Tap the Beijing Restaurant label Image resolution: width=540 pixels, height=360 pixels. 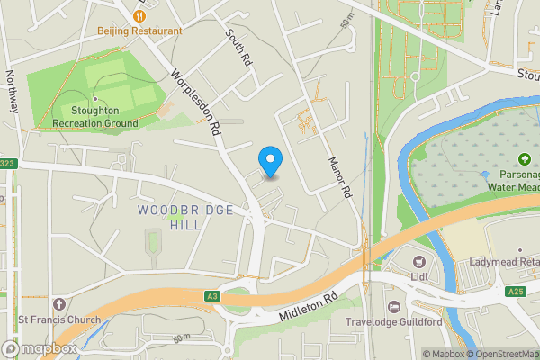140,30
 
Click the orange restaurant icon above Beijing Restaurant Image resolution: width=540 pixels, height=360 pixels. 140,15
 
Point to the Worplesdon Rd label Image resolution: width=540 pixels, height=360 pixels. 197,103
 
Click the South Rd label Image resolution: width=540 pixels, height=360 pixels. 238,50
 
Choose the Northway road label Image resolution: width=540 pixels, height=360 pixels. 11,91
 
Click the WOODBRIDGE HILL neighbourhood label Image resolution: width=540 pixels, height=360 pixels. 185,217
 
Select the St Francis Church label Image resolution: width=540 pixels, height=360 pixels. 59,319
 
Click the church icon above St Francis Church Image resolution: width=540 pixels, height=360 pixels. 59,304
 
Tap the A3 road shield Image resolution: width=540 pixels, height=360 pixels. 211,295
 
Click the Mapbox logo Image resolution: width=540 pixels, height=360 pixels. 40,348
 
